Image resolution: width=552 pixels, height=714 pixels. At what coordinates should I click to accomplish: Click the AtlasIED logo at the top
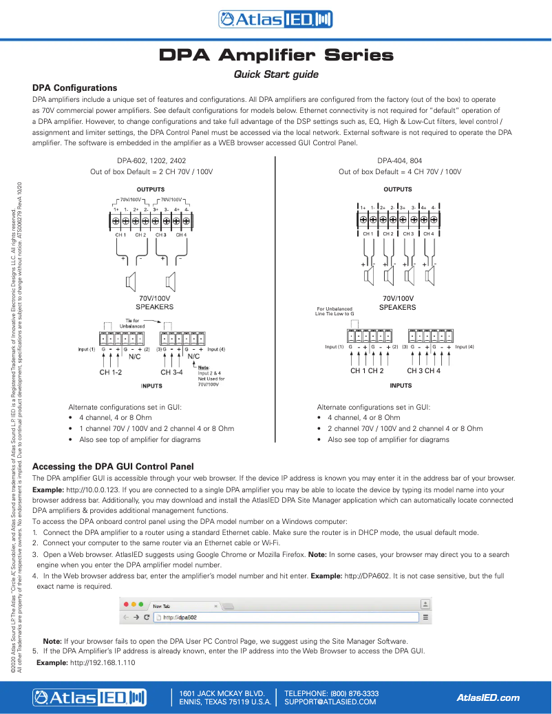275,20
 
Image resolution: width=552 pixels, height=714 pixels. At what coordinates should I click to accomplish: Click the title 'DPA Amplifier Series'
276,54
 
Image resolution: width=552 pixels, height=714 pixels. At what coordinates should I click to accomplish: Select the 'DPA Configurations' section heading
75,88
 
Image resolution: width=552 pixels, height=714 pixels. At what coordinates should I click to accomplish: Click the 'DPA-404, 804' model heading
399,160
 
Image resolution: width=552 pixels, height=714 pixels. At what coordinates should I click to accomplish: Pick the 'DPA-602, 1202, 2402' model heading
152,160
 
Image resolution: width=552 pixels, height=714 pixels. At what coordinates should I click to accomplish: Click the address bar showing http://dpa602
286,618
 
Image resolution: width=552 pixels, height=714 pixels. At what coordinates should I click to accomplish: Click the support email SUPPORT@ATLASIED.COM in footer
330,702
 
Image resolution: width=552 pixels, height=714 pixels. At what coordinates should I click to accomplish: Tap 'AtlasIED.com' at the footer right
488,697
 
